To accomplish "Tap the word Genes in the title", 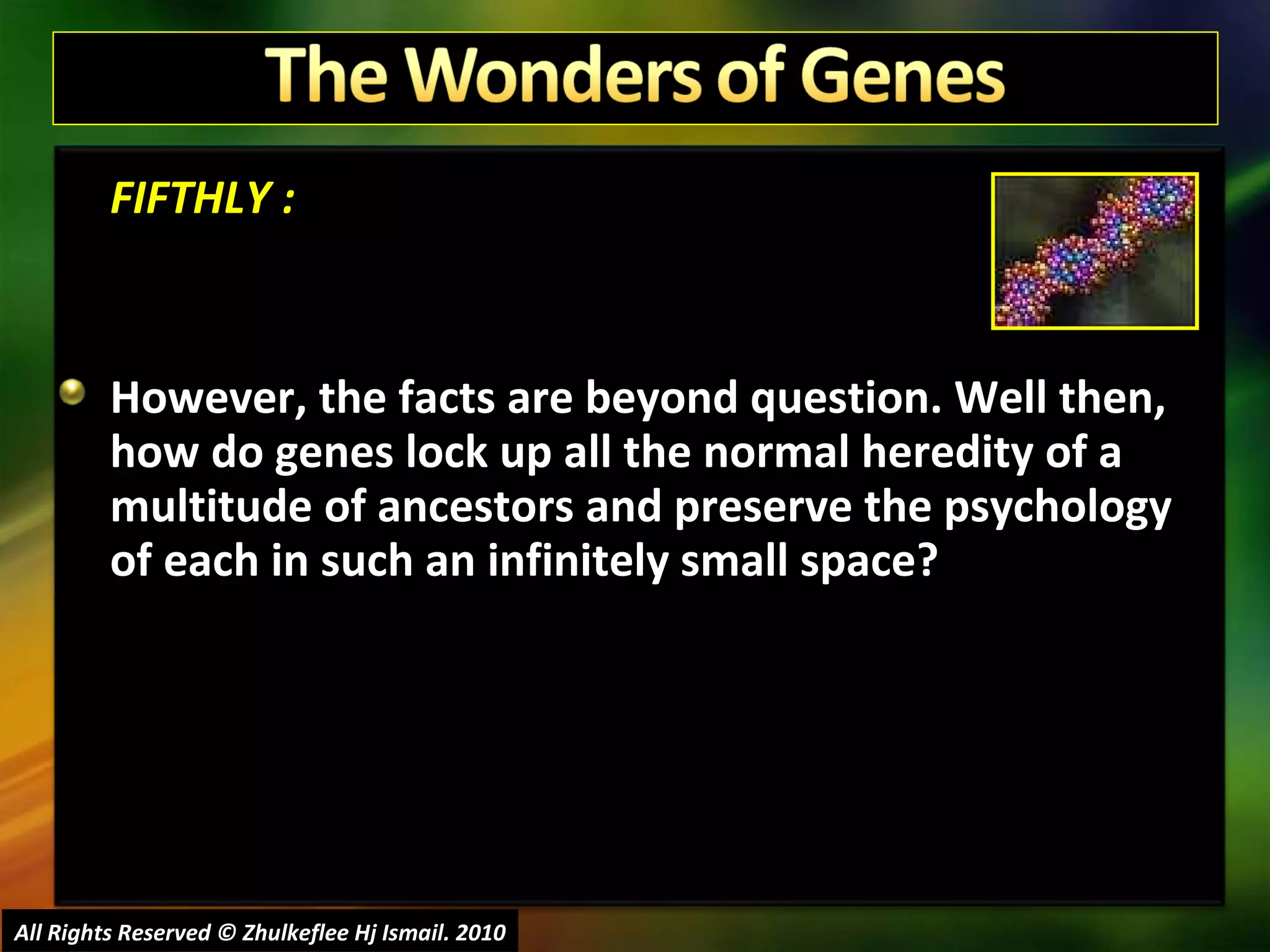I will (902, 76).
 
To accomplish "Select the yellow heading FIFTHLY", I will (191, 198).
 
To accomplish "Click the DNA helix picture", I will (1095, 251).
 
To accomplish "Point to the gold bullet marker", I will (73, 392).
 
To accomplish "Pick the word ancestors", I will (475, 507).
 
